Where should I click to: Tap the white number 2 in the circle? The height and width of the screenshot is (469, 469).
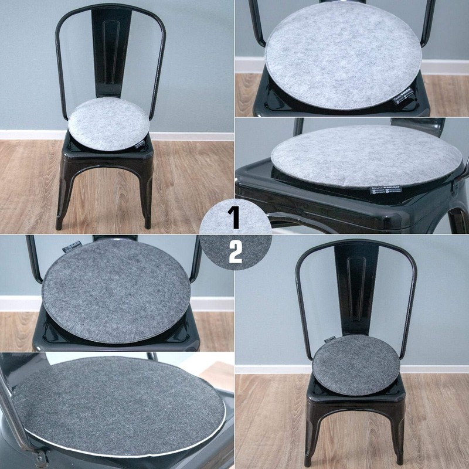click(235, 252)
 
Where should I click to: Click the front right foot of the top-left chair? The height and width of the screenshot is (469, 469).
click(148, 223)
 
